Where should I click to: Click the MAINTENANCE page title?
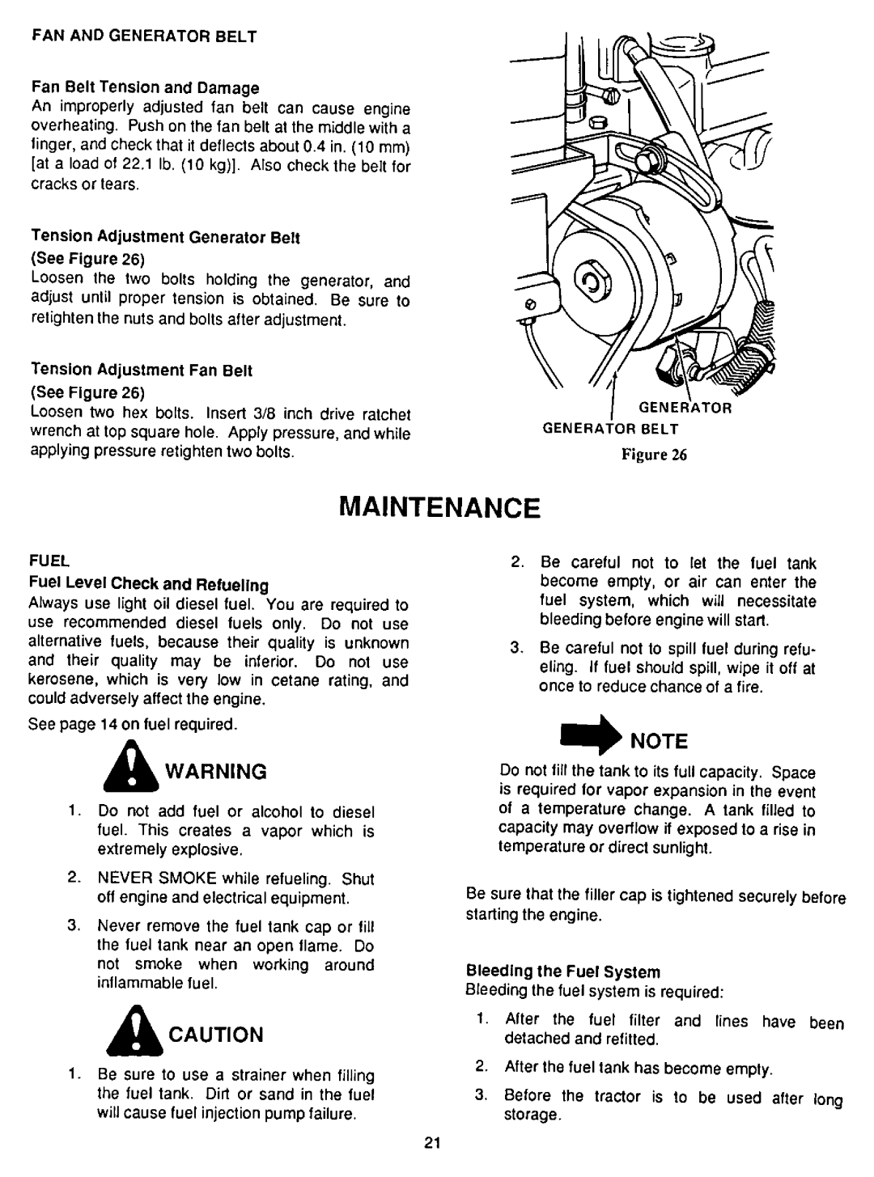point(437,507)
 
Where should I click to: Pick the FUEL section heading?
point(48,559)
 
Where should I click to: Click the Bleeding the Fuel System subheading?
point(564,971)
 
